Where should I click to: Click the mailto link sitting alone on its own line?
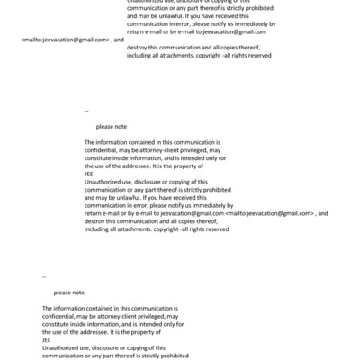coord(65,40)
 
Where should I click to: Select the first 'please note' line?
coord(111,128)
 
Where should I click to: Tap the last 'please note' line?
coord(68,292)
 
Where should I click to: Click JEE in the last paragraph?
coord(47,339)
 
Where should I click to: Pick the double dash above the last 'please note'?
coord(45,276)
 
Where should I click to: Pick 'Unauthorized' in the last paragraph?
coord(60,347)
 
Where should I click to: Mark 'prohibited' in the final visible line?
coord(167,355)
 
